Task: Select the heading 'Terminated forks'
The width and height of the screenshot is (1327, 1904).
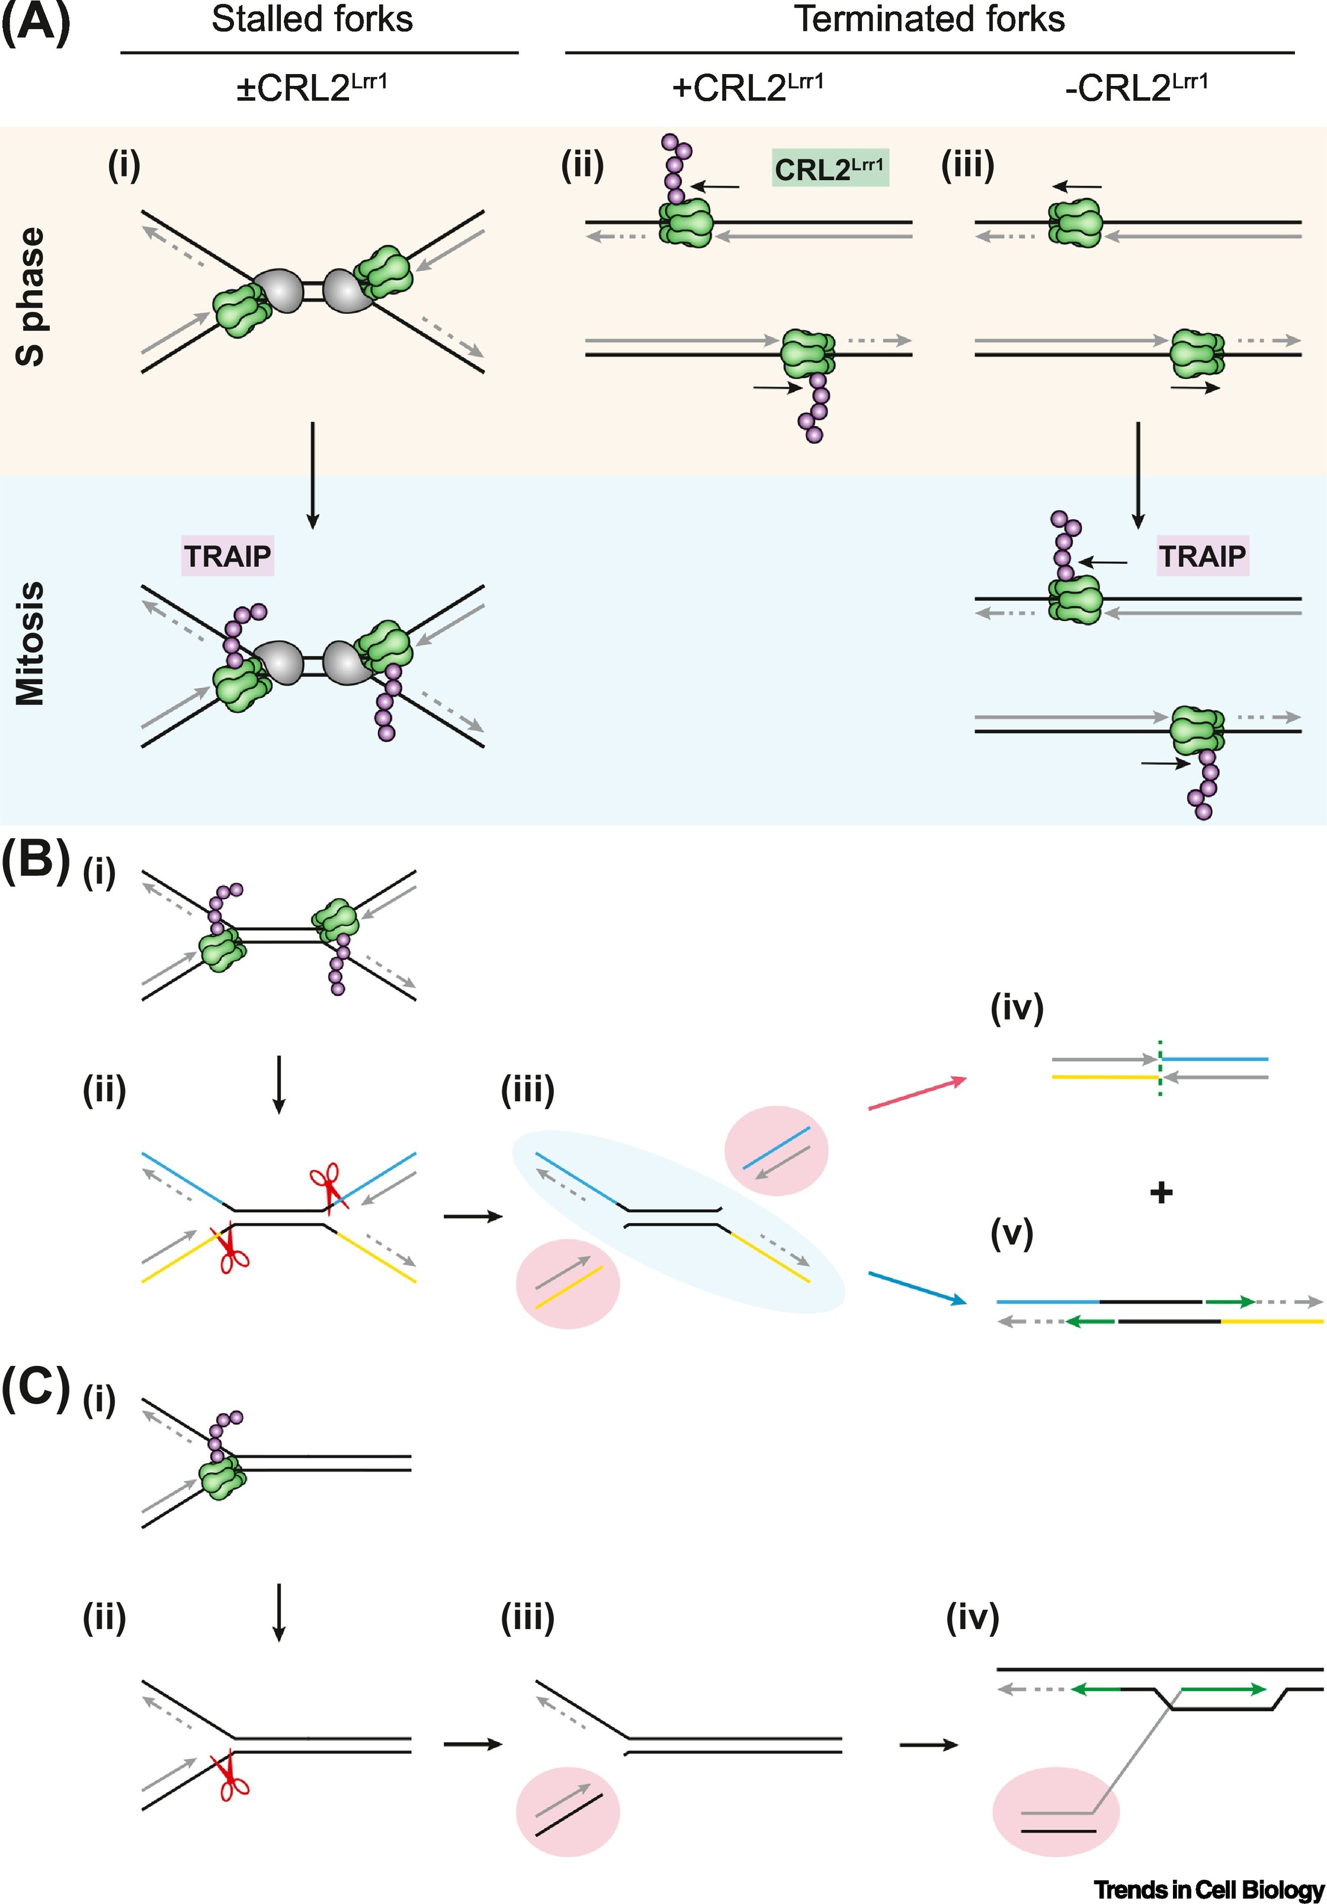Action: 929,20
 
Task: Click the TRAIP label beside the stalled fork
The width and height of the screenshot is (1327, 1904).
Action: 227,556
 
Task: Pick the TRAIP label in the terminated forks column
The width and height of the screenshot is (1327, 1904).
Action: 1203,556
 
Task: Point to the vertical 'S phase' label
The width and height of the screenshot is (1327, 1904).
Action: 31,296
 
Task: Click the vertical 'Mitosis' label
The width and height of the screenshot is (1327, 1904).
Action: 31,643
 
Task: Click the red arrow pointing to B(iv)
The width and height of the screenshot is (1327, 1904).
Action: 917,1093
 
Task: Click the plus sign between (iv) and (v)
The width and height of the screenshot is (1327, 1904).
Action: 1161,1193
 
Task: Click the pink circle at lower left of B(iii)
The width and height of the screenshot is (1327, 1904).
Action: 568,1283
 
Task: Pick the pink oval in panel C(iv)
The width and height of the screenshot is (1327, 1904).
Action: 1055,1812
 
